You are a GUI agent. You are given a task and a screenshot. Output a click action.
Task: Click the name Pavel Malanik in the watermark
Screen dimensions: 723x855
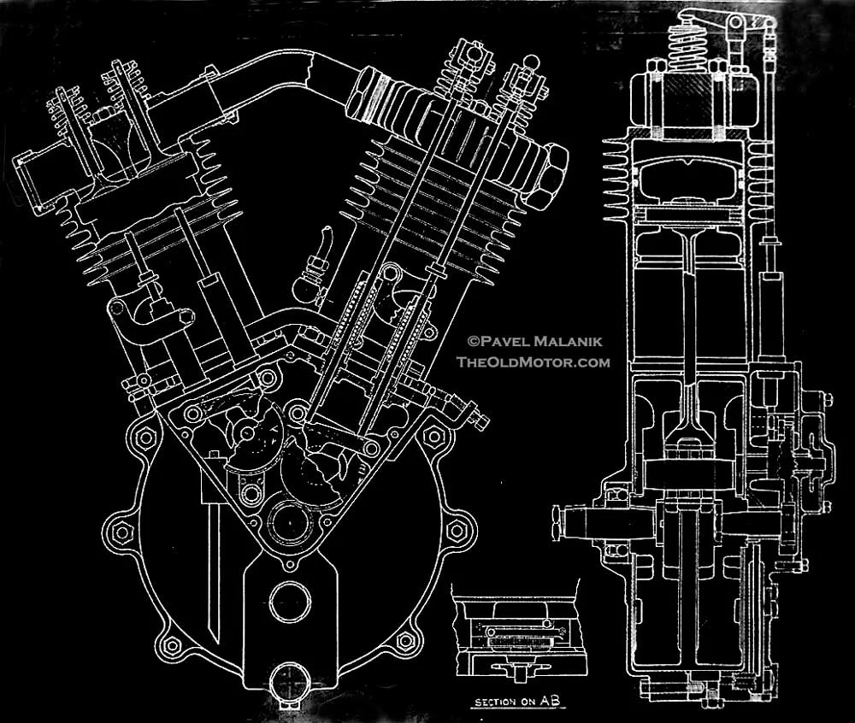540,341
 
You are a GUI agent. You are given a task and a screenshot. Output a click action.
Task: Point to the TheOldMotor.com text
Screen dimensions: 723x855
534,361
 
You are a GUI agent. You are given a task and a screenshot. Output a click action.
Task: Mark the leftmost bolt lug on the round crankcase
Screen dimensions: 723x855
119,531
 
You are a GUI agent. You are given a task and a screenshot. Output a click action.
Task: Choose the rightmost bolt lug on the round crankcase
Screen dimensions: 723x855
459,529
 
